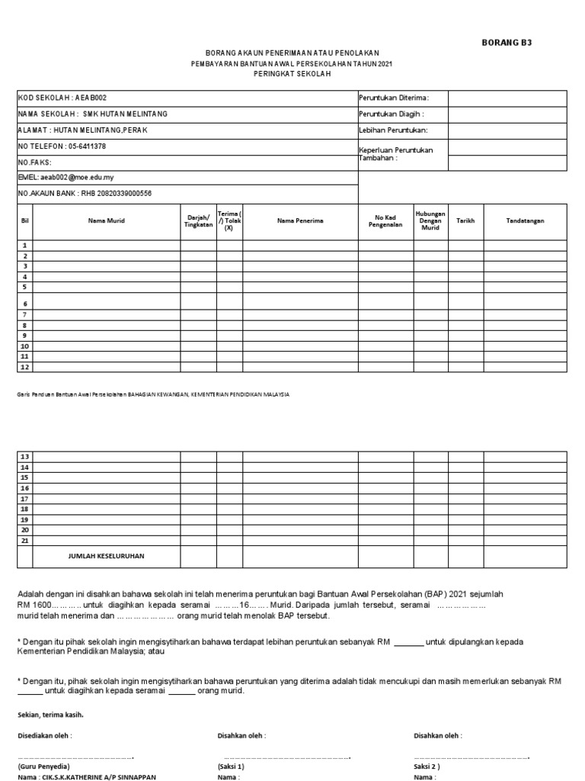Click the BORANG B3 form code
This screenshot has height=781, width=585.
tap(507, 43)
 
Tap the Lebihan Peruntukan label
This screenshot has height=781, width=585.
tap(392, 130)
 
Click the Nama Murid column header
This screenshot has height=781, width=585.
tap(106, 220)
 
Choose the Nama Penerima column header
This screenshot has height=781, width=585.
tap(300, 220)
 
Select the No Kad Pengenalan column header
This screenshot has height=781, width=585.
tap(385, 220)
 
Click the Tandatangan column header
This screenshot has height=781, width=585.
tap(525, 220)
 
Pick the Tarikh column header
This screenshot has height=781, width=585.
tap(465, 220)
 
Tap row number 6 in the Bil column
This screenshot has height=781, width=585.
tap(25, 303)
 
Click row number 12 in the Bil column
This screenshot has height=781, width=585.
tap(25, 367)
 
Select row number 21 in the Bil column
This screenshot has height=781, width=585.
tap(25, 540)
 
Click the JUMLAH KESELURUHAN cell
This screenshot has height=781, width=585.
tap(106, 556)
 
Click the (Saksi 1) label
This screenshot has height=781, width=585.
tap(231, 766)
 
